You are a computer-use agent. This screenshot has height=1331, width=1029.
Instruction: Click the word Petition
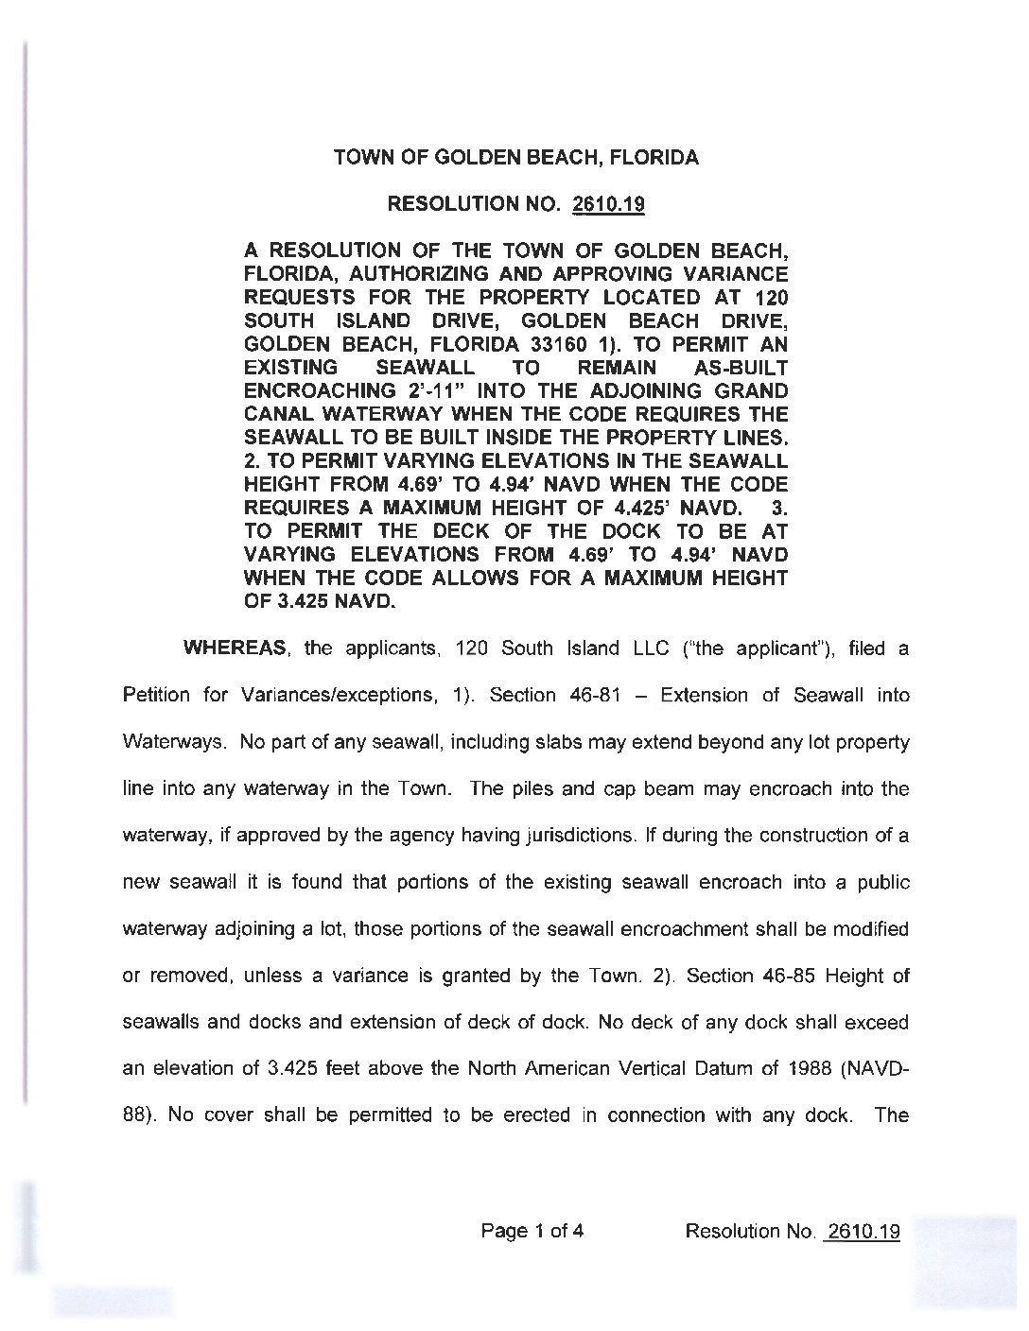[156, 696]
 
